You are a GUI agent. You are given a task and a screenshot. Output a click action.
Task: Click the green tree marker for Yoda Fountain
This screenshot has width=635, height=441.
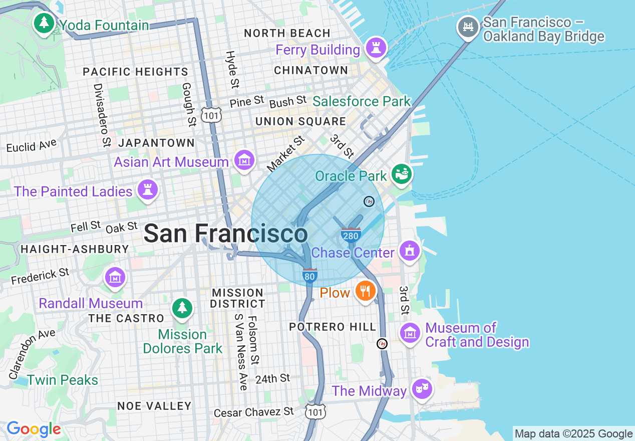[x=45, y=23]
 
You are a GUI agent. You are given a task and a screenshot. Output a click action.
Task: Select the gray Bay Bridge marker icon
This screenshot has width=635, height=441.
[x=468, y=27]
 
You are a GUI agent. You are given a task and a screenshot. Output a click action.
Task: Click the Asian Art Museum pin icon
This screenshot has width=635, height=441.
[x=244, y=161]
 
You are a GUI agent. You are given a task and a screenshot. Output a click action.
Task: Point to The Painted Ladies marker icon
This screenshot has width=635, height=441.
[x=147, y=190]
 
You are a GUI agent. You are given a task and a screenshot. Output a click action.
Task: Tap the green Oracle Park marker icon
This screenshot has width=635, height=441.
[x=402, y=174]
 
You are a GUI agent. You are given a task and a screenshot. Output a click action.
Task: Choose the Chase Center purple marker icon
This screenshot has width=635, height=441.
[x=410, y=251]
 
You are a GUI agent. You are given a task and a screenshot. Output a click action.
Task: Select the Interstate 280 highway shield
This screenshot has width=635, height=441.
[x=351, y=235]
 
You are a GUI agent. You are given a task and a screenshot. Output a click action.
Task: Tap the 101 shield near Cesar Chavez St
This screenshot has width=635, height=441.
[x=315, y=411]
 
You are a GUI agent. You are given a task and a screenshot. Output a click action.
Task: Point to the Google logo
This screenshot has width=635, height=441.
[x=34, y=429]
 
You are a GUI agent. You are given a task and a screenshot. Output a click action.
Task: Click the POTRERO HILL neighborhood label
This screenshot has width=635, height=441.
[x=333, y=327]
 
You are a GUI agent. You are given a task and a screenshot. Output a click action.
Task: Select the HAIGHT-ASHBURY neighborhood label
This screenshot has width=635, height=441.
[x=75, y=249]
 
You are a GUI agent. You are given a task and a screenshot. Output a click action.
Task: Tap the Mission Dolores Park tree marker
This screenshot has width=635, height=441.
[x=182, y=308]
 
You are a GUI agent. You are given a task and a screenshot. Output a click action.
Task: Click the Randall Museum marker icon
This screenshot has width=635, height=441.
[x=115, y=277]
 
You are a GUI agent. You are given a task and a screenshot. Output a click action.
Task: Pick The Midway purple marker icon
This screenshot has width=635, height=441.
[x=422, y=388]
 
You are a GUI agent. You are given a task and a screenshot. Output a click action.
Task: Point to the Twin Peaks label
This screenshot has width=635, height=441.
[x=63, y=380]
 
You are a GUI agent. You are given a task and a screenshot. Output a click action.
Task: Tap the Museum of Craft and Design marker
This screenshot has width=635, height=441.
[x=410, y=333]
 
